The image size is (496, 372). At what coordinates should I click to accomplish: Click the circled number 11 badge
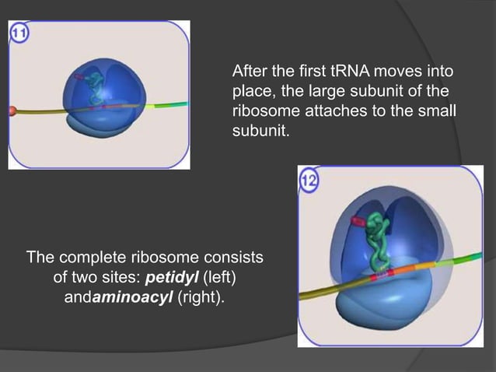(19, 33)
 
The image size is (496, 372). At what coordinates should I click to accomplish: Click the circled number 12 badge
(309, 181)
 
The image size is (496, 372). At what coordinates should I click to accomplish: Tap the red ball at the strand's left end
(12, 111)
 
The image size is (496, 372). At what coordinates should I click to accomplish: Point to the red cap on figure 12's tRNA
(358, 222)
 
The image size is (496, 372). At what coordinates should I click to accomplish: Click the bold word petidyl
(169, 278)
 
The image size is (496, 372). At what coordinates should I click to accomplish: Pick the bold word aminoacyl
(133, 297)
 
